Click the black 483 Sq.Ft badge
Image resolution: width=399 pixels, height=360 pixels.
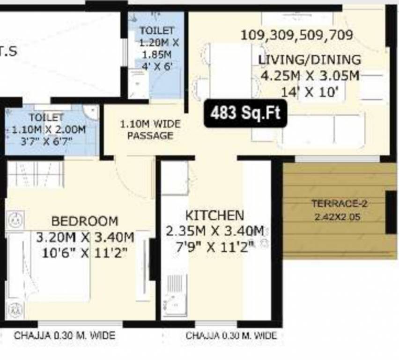point(245,113)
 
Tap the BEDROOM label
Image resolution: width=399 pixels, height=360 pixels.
point(85,221)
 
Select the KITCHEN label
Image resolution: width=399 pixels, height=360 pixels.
point(215,215)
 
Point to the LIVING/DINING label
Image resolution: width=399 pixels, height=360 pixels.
point(310,60)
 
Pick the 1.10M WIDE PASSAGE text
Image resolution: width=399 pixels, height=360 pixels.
point(150,130)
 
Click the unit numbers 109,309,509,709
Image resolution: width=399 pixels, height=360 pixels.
point(296,35)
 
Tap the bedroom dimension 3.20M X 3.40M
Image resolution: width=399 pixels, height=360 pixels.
point(85,237)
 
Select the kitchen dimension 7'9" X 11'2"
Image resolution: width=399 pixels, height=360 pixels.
point(215,247)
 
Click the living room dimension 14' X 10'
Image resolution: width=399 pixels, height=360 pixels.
point(310,92)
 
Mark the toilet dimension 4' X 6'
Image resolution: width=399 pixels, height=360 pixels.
point(157,66)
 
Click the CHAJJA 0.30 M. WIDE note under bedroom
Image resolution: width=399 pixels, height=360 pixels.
point(64,336)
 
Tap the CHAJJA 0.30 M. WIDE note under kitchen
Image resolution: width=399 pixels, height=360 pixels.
point(231,336)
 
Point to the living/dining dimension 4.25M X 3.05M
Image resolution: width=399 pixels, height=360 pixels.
point(310,76)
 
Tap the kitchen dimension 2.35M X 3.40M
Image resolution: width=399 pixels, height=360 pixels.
point(215,231)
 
